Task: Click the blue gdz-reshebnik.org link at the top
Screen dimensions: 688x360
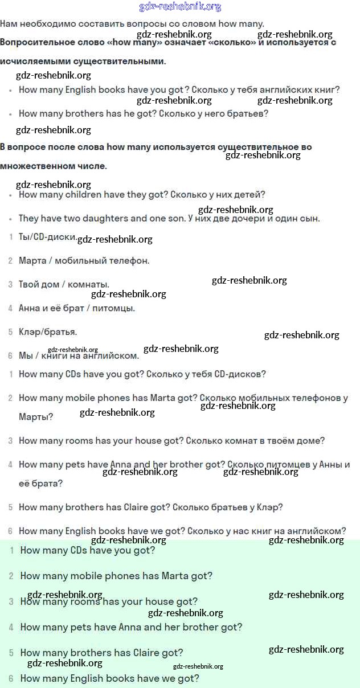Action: tap(180, 7)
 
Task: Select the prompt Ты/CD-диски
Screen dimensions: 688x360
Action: tap(48, 237)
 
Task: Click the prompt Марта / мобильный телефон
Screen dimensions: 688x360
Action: tap(84, 261)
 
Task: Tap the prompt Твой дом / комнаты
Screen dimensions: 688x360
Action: tap(64, 284)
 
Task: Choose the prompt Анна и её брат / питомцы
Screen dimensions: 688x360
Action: tap(77, 308)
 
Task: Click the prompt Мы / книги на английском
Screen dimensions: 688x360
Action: tap(79, 356)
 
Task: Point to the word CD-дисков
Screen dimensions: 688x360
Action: tap(240, 374)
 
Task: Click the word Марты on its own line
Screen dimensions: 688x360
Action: tap(35, 417)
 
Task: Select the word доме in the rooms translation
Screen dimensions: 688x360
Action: tap(310, 441)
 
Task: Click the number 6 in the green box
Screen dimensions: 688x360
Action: tap(11, 678)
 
